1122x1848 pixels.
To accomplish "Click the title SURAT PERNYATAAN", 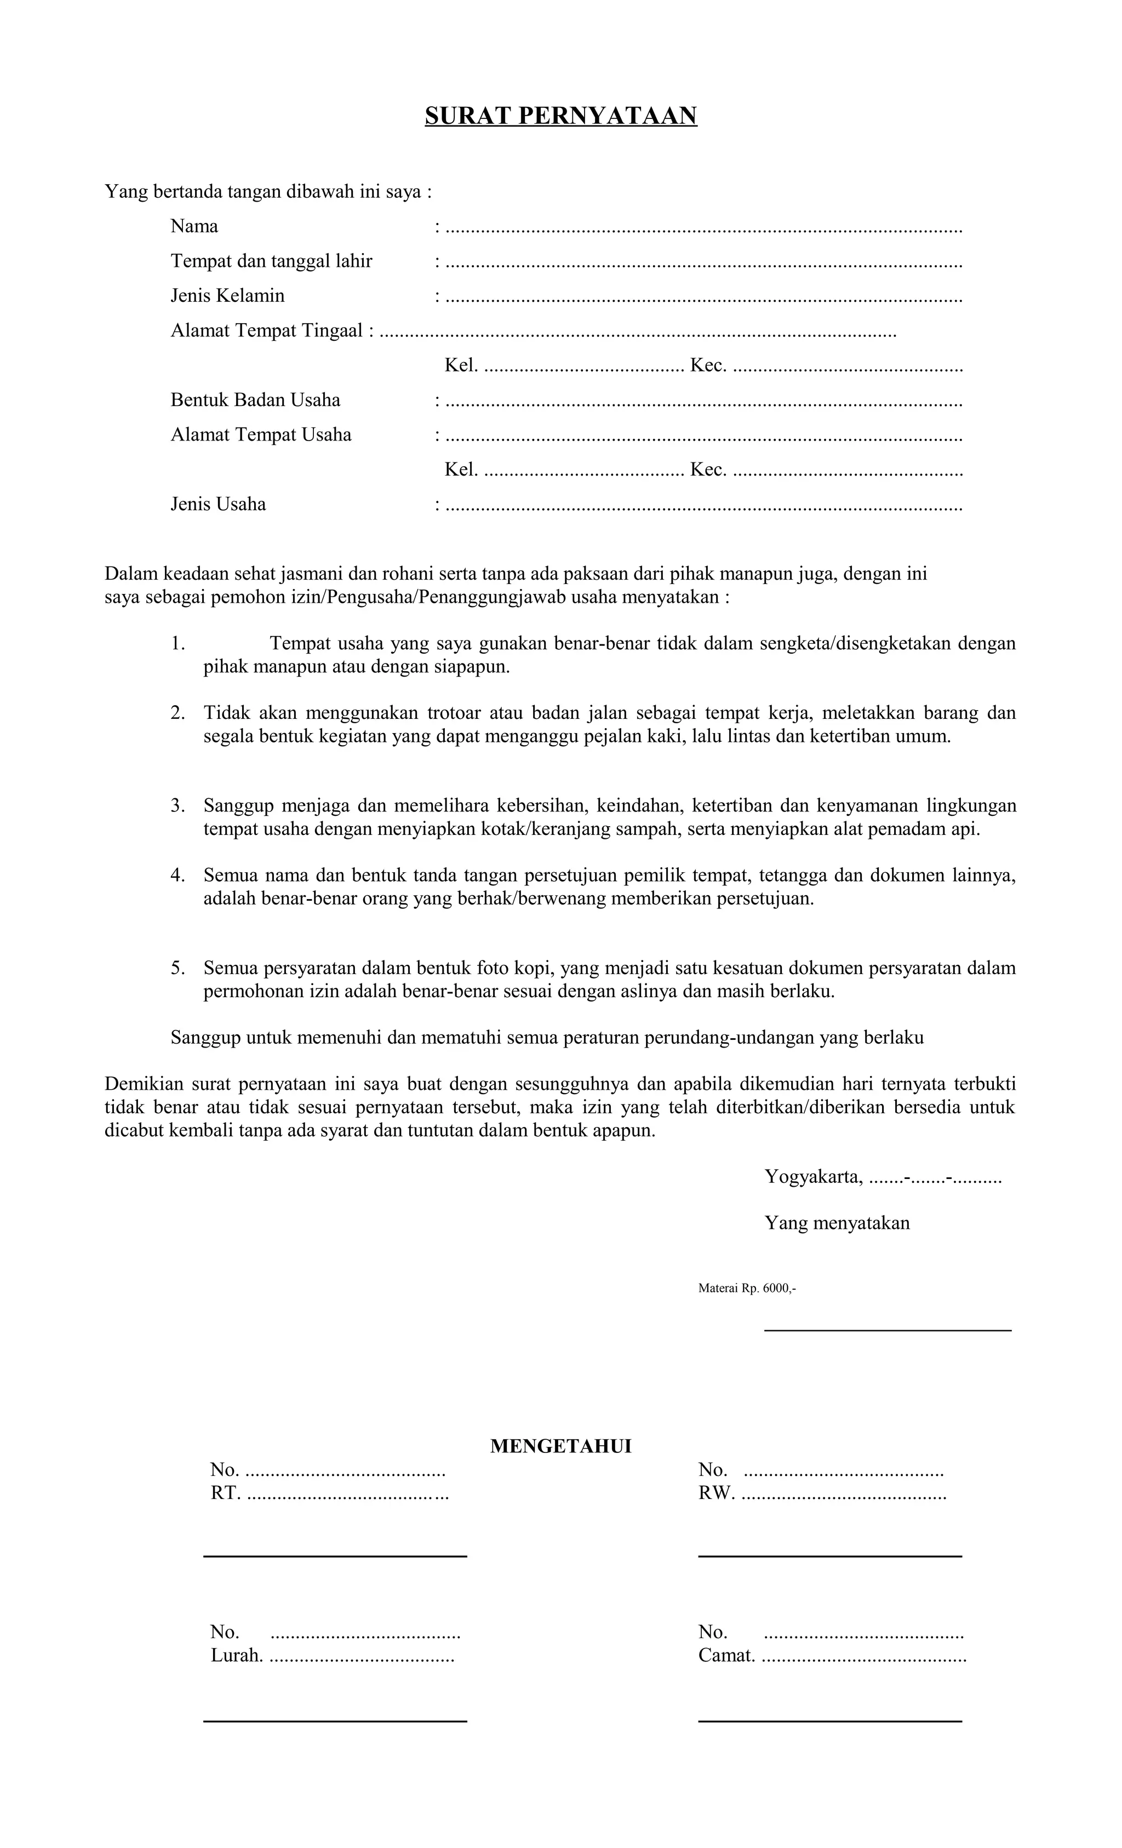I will [x=560, y=116].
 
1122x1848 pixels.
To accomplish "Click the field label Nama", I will [x=194, y=226].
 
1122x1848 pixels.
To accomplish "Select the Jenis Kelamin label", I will [x=227, y=295].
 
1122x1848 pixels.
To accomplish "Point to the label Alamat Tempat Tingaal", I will [x=266, y=331].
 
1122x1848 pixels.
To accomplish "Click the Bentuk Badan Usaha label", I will [x=255, y=400].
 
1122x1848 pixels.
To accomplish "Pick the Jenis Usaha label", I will [x=217, y=504].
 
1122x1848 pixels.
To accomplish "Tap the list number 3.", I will [x=177, y=805].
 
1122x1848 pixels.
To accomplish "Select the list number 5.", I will [x=177, y=968].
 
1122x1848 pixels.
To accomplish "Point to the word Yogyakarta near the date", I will [x=813, y=1177].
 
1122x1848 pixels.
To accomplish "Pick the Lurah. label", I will [x=236, y=1655].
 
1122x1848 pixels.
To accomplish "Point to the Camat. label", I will [x=726, y=1655].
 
